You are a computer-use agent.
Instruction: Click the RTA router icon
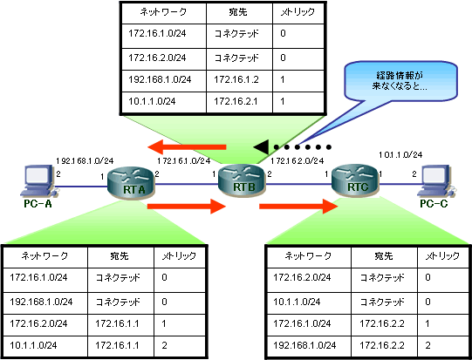point(131,182)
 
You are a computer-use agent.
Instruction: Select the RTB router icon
point(242,180)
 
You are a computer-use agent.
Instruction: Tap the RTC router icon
point(355,180)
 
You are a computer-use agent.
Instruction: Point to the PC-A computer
point(38,181)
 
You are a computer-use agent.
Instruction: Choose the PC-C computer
point(437,181)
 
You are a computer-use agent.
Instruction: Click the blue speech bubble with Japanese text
point(400,81)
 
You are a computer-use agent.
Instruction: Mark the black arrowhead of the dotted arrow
point(261,147)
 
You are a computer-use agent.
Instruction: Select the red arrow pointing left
point(187,147)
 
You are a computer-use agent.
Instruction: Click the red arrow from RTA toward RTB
point(187,206)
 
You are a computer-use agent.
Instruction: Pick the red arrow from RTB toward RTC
point(298,206)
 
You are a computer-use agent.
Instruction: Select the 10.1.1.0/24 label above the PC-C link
point(400,155)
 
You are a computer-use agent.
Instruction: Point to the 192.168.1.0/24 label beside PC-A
point(85,161)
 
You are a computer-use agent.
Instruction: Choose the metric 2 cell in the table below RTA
point(180,345)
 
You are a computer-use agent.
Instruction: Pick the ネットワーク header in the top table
point(163,12)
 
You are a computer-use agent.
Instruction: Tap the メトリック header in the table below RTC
point(442,256)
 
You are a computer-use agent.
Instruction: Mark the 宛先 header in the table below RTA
point(120,256)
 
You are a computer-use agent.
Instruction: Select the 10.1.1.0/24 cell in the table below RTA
point(45,345)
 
